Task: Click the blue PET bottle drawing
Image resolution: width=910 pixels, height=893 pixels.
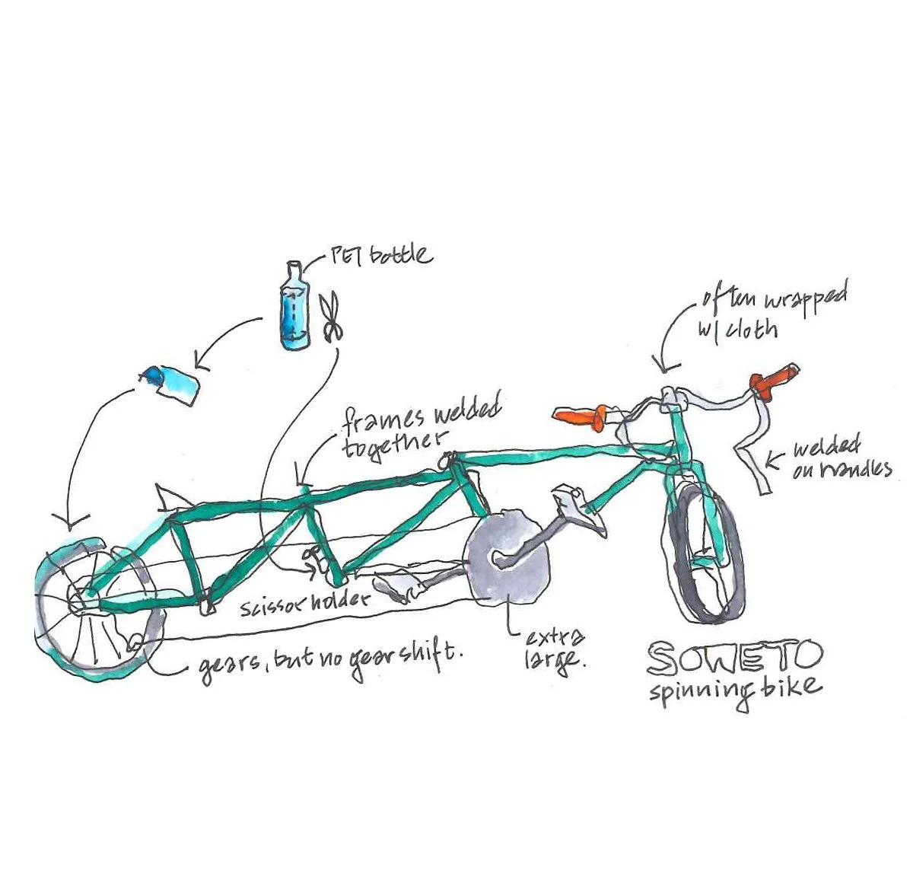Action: point(294,308)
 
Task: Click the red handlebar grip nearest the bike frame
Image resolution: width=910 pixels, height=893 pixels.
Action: point(581,416)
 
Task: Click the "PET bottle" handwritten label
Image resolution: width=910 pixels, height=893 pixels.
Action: point(380,255)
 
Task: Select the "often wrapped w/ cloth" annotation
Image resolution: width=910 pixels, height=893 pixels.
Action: point(768,313)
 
